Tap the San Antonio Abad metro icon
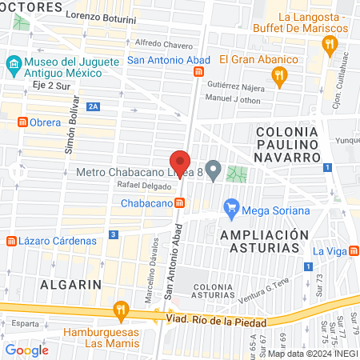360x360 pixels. [198, 72]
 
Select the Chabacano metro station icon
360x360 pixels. [181, 203]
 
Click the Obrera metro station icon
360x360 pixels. [23, 122]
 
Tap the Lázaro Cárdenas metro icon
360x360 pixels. [10, 240]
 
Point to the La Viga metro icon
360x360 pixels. [354, 252]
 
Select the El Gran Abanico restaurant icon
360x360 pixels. [278, 77]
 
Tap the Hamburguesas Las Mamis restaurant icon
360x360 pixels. [121, 308]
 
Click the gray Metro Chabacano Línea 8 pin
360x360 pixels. [213, 170]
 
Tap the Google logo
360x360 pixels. [26, 350]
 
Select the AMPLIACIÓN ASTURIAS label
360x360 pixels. [264, 241]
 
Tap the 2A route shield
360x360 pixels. [94, 106]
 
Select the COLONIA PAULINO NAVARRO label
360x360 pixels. [287, 144]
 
